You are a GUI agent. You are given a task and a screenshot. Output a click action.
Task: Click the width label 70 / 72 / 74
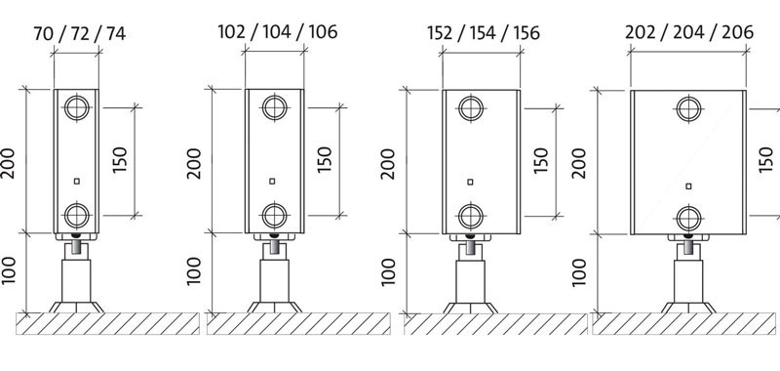80,34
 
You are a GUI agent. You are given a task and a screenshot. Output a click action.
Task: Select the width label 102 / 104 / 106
278,32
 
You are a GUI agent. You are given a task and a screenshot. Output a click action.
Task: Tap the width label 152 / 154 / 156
484,33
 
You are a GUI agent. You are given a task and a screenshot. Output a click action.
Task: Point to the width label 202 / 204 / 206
689,32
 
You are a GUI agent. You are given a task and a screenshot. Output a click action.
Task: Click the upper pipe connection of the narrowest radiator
77,107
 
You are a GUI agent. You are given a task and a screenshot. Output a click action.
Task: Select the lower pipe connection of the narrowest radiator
77,216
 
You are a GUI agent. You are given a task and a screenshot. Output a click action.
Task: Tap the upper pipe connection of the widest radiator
689,109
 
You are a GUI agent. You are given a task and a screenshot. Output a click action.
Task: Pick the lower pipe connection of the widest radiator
689,218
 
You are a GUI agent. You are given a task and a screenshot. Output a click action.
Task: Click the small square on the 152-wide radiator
470,182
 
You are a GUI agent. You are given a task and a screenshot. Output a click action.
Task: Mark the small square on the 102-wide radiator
272,181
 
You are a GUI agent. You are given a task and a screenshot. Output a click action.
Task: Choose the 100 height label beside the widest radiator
579,271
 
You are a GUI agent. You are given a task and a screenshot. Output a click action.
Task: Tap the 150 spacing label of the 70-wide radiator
120,159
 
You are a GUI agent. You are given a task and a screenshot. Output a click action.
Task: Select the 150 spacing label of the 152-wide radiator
541,160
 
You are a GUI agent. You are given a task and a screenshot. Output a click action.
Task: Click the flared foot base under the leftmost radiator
77,307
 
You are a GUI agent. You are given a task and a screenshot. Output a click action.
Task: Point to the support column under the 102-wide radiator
275,280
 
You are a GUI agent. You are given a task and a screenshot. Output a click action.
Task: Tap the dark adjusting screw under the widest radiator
688,245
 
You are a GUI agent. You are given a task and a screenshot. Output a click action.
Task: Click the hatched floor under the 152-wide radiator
495,324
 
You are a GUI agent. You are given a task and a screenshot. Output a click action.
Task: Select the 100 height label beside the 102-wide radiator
194,270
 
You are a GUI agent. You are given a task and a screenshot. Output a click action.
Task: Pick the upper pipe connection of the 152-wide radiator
471,108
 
